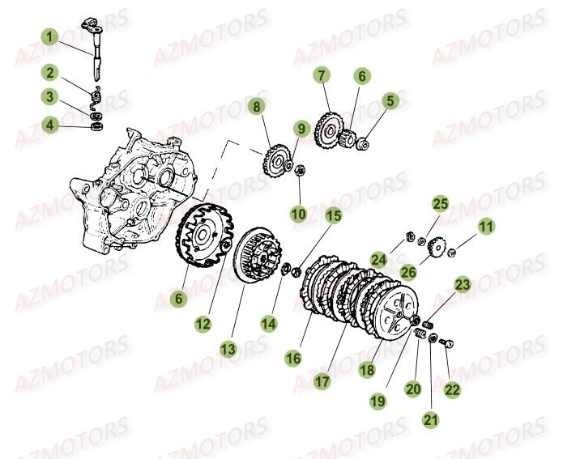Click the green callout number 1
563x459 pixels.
[x=50, y=36]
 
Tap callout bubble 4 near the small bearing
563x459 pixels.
[x=50, y=125]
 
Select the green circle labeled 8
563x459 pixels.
[x=257, y=106]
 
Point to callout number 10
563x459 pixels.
[x=299, y=214]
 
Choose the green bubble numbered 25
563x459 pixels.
[x=438, y=202]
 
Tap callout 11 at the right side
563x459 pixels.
[x=485, y=228]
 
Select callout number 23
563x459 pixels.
[x=462, y=284]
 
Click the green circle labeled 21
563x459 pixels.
[x=429, y=420]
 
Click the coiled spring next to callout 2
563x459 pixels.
[x=95, y=99]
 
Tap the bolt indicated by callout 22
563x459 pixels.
[x=445, y=342]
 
